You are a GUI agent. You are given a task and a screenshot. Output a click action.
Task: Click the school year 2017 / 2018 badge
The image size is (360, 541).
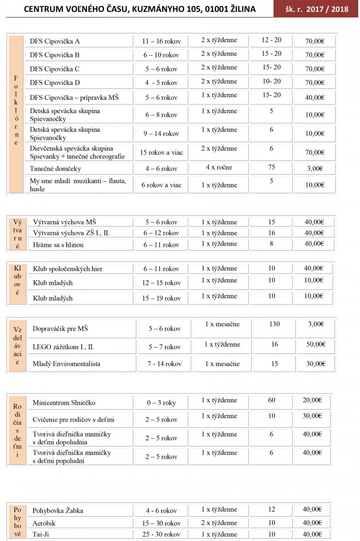click(316, 9)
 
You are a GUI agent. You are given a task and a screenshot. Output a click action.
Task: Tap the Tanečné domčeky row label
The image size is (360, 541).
click(56, 169)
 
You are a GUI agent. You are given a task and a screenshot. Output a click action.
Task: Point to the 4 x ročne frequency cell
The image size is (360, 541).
click(219, 167)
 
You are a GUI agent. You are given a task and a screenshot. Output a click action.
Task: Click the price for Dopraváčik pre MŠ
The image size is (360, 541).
click(315, 324)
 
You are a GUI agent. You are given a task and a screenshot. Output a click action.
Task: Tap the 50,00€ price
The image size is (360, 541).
click(315, 344)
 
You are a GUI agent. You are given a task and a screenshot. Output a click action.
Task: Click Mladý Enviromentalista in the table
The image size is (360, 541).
click(66, 364)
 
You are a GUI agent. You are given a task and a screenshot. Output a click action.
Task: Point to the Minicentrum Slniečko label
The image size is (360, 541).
click(64, 403)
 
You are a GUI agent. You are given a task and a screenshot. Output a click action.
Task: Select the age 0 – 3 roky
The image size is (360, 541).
click(160, 403)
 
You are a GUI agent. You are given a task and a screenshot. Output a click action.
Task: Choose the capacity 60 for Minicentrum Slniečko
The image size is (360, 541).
click(271, 400)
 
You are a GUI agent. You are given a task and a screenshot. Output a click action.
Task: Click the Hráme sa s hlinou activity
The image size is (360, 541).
click(58, 245)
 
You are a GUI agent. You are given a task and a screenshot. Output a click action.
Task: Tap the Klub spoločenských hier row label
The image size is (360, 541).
click(68, 269)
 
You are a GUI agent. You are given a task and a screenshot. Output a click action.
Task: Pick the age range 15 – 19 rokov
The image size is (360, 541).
click(161, 298)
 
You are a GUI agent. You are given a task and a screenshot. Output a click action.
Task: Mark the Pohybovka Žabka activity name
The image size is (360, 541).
click(58, 511)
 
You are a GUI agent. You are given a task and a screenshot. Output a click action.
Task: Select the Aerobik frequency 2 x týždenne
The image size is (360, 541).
click(219, 522)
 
